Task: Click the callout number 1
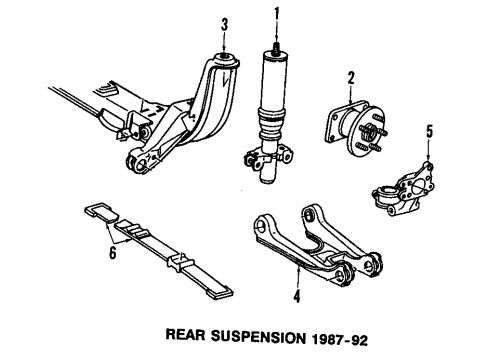(x=276, y=15)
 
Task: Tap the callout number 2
(x=351, y=79)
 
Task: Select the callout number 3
(x=225, y=25)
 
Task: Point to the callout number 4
(x=297, y=296)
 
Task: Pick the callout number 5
(x=430, y=131)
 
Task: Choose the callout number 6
(x=113, y=252)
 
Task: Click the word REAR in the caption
(x=185, y=335)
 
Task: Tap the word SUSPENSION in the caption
(x=258, y=337)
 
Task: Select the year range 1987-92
(x=339, y=340)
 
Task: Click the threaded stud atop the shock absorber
(x=276, y=48)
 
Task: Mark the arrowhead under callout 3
(x=224, y=51)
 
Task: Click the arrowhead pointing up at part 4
(x=298, y=266)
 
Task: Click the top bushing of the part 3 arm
(x=224, y=60)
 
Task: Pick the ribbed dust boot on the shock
(x=272, y=123)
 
